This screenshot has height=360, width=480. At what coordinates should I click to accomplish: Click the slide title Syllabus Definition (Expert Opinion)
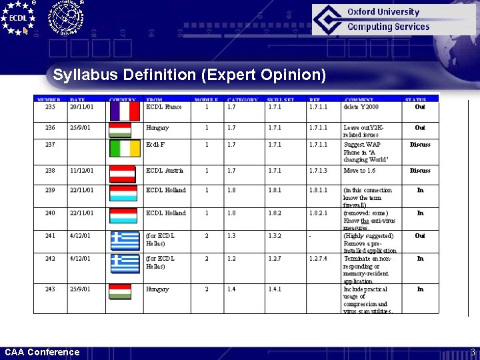189,75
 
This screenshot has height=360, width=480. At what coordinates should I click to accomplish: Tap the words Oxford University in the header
383,12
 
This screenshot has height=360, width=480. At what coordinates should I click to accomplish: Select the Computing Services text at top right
389,27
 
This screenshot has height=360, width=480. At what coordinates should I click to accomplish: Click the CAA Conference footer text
42,352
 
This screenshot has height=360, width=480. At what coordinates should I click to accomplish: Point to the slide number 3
472,352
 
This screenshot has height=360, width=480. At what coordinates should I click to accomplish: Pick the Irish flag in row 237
125,148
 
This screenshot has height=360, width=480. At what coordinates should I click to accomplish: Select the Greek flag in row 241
125,238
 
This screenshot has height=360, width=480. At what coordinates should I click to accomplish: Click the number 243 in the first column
51,289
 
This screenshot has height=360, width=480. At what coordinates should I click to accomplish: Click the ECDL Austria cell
164,171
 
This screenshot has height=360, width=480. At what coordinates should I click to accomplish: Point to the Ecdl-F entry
155,145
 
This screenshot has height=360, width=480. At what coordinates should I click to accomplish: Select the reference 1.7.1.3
319,171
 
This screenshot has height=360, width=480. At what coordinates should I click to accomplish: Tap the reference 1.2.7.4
319,259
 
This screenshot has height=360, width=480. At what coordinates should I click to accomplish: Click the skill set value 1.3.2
275,236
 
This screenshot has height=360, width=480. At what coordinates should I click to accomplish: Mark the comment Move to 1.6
359,171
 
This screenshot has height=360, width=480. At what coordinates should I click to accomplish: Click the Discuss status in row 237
420,145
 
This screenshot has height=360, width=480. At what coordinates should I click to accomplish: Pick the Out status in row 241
420,236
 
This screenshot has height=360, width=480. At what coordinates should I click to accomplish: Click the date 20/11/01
81,107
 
